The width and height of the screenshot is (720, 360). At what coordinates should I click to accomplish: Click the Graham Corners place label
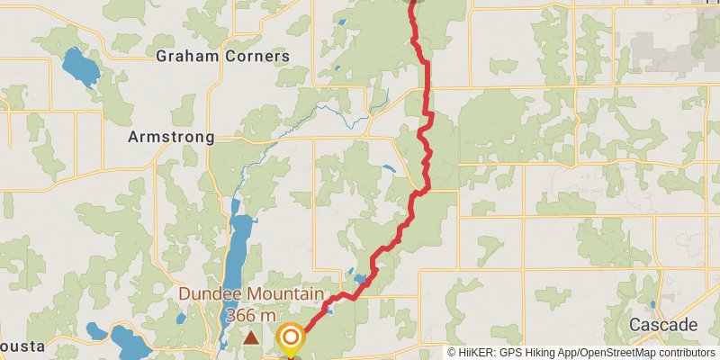point(223,56)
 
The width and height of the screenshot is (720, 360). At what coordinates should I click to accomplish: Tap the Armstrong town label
point(171,137)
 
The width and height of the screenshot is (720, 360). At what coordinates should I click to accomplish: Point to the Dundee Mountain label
point(250,294)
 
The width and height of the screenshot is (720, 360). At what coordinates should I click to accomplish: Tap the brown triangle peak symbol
point(251,338)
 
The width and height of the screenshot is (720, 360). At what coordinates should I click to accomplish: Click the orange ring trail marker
point(291,338)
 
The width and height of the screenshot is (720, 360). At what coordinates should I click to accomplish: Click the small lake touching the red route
point(361,279)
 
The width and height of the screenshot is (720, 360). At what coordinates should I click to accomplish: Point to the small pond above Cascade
point(652,304)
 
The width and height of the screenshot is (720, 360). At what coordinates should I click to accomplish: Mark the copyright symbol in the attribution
point(453,353)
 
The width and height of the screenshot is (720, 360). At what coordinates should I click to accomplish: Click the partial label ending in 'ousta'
point(16,348)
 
